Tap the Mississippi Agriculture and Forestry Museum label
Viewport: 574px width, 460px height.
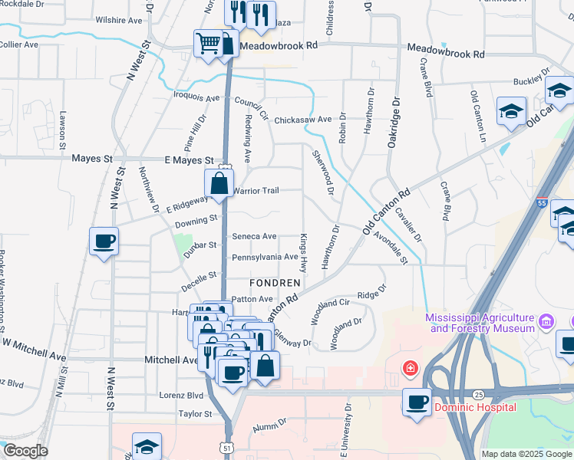(x=480, y=323)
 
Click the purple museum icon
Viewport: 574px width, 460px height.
(x=545, y=319)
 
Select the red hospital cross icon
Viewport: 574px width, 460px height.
(x=411, y=370)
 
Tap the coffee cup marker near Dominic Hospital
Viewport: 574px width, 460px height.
(x=417, y=402)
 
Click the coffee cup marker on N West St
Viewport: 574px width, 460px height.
(x=104, y=242)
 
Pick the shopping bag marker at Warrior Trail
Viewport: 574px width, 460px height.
(x=219, y=183)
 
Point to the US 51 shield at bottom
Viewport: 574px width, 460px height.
(x=226, y=445)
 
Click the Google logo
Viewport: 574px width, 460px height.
(x=25, y=451)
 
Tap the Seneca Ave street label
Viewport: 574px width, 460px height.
(x=254, y=237)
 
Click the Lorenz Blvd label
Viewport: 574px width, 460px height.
(x=181, y=396)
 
